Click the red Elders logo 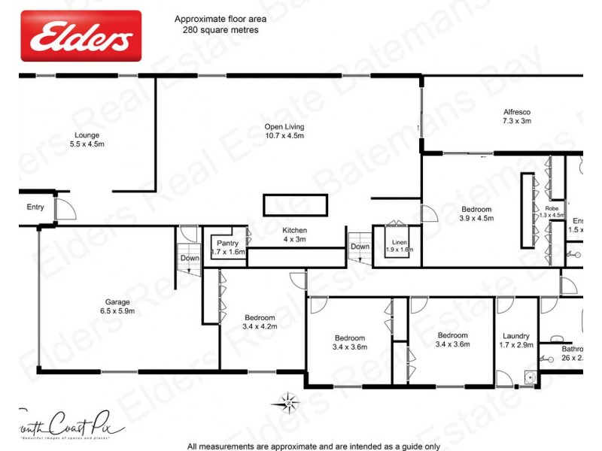tap(81, 35)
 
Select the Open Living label tap(284, 132)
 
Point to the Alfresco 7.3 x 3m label tap(517, 116)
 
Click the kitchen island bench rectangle tap(295, 204)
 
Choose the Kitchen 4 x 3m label tap(294, 235)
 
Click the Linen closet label tap(399, 244)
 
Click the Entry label tap(35, 207)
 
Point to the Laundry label tap(517, 341)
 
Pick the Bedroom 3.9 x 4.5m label tap(476, 213)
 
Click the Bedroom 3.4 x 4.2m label tap(260, 322)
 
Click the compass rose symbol tap(287, 401)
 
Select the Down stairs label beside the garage tap(190, 258)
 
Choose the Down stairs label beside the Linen tap(360, 246)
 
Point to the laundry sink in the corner tap(529, 377)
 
